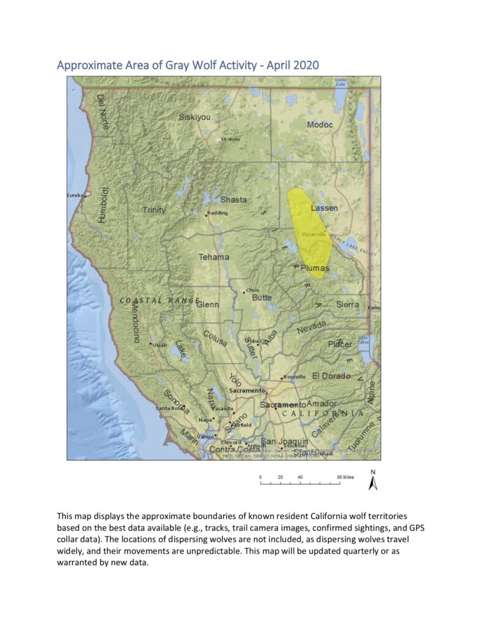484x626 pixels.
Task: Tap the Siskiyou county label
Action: pyautogui.click(x=194, y=117)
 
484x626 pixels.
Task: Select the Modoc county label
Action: pyautogui.click(x=319, y=125)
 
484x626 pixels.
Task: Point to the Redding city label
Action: pyautogui.click(x=218, y=213)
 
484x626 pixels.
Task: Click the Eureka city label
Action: pyautogui.click(x=74, y=195)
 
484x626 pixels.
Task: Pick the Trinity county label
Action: pyautogui.click(x=154, y=210)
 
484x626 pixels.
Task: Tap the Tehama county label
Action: pyautogui.click(x=214, y=257)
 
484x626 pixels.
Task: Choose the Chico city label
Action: pyautogui.click(x=252, y=290)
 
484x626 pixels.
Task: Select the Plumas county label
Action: pyautogui.click(x=315, y=268)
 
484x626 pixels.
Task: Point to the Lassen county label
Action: pyautogui.click(x=324, y=208)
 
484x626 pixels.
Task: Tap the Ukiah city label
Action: pyautogui.click(x=159, y=344)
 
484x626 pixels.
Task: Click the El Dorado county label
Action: pyautogui.click(x=331, y=375)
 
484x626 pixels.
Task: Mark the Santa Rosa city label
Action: pyautogui.click(x=169, y=408)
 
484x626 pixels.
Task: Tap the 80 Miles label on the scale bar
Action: pyautogui.click(x=345, y=477)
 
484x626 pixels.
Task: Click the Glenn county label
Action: pyautogui.click(x=208, y=304)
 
